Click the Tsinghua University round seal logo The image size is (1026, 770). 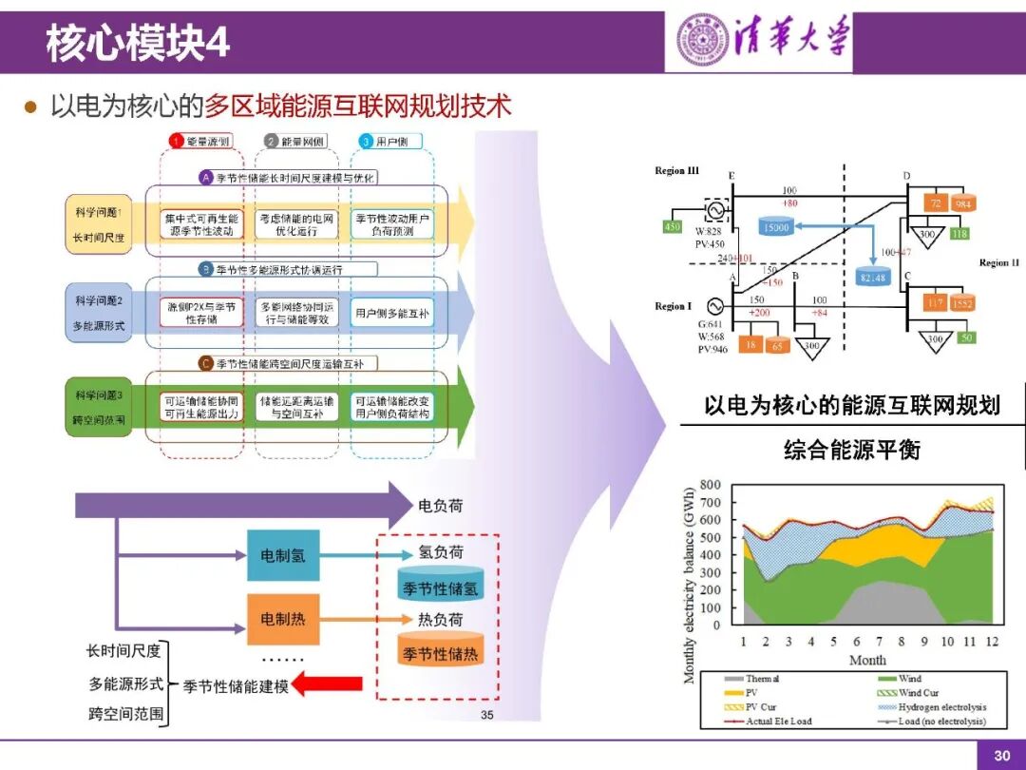coord(702,40)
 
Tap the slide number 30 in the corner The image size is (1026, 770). coord(1001,756)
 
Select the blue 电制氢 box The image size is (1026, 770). coord(283,555)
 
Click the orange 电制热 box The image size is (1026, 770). coord(283,619)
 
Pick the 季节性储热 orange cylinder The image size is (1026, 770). coord(442,651)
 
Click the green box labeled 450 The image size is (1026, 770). coord(672,227)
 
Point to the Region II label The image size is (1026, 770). coord(999,262)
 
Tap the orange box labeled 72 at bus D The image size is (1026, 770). coord(936,204)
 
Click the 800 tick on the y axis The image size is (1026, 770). coord(711,485)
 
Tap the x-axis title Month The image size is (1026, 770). coord(867,660)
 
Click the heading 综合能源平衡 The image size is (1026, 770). coord(852,449)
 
